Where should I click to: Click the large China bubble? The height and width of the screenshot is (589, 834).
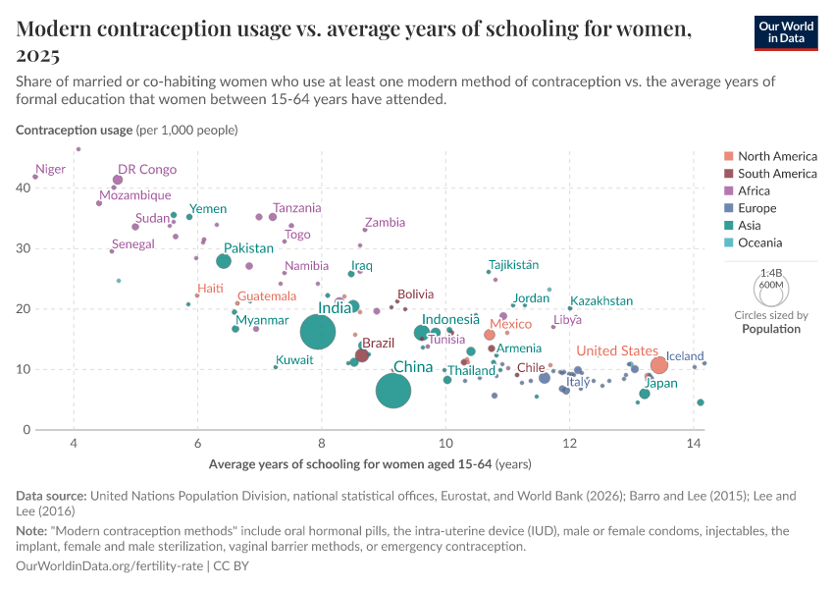(393, 391)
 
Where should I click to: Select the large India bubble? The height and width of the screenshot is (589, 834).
(317, 333)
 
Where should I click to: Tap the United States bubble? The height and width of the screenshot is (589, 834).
(658, 365)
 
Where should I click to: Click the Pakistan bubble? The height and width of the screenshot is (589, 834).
(224, 261)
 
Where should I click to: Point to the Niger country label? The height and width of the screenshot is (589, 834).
(50, 169)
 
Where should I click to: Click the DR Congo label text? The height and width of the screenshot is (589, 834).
(147, 169)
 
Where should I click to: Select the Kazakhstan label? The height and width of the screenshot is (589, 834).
(601, 301)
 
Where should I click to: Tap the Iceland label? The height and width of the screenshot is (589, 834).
(685, 356)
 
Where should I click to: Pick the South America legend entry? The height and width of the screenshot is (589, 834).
(777, 174)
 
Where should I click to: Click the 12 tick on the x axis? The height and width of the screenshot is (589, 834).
(570, 444)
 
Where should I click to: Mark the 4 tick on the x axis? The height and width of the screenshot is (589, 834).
(74, 444)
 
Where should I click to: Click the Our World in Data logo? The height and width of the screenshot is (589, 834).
(786, 32)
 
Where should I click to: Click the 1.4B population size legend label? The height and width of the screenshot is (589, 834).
(770, 273)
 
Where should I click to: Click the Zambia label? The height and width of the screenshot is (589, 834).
(384, 223)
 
